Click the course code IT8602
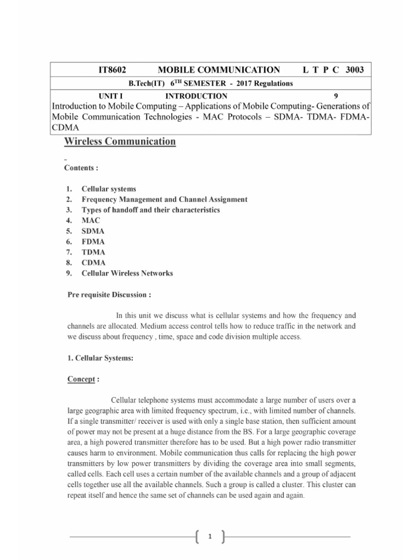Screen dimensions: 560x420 pyautogui.click(x=112, y=70)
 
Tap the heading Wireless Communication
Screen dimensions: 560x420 pyautogui.click(x=120, y=142)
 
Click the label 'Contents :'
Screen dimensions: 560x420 pyautogui.click(x=82, y=168)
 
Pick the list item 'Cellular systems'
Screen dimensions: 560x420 pyautogui.click(x=108, y=189)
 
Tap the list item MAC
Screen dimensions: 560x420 pyautogui.click(x=91, y=220)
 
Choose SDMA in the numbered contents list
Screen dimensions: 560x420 pyautogui.click(x=93, y=231)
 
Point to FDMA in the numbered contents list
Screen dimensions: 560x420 pyautogui.click(x=93, y=242)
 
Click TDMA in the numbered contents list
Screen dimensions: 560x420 pyautogui.click(x=94, y=252)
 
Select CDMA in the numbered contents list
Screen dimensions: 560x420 pyautogui.click(x=94, y=262)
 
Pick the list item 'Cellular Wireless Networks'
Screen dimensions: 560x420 pyautogui.click(x=127, y=273)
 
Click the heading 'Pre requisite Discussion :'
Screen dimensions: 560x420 pyautogui.click(x=108, y=295)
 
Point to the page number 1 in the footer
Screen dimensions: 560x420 pyautogui.click(x=209, y=538)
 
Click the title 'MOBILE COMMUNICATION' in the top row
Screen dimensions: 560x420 pyautogui.click(x=219, y=70)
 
